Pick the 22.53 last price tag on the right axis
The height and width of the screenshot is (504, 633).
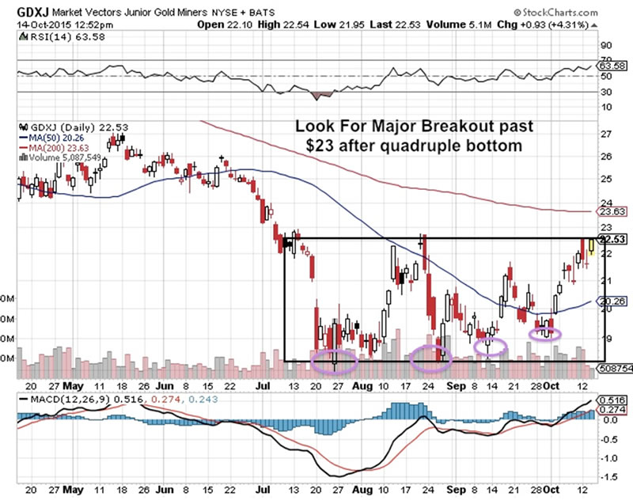pyautogui.click(x=615, y=239)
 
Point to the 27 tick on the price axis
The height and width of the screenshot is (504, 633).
pyautogui.click(x=607, y=135)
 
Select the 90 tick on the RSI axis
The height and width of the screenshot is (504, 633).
pyautogui.click(x=607, y=46)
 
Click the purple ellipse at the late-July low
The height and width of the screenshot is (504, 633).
pyautogui.click(x=335, y=361)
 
